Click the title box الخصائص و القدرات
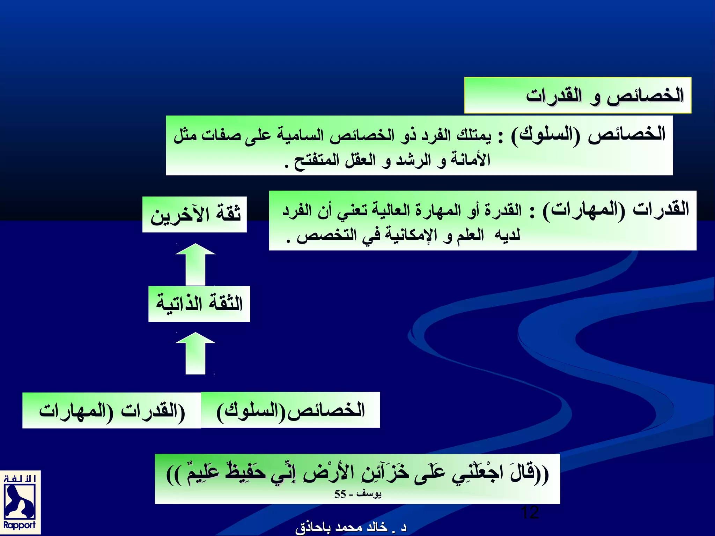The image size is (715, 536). [x=578, y=95]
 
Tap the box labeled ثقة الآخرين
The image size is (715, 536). [x=194, y=214]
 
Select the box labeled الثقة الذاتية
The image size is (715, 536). [x=199, y=304]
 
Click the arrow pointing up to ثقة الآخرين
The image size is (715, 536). [x=196, y=264]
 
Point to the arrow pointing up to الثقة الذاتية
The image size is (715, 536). [x=196, y=353]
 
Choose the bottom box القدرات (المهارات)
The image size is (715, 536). [x=112, y=410]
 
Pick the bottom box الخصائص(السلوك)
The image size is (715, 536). [x=290, y=410]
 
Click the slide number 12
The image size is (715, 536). [x=530, y=513]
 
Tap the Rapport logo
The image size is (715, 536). [x=20, y=503]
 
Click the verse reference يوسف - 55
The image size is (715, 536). [x=358, y=494]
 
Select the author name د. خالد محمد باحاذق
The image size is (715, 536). [x=351, y=528]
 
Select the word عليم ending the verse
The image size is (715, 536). [x=202, y=473]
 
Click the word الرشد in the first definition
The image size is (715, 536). [x=413, y=160]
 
